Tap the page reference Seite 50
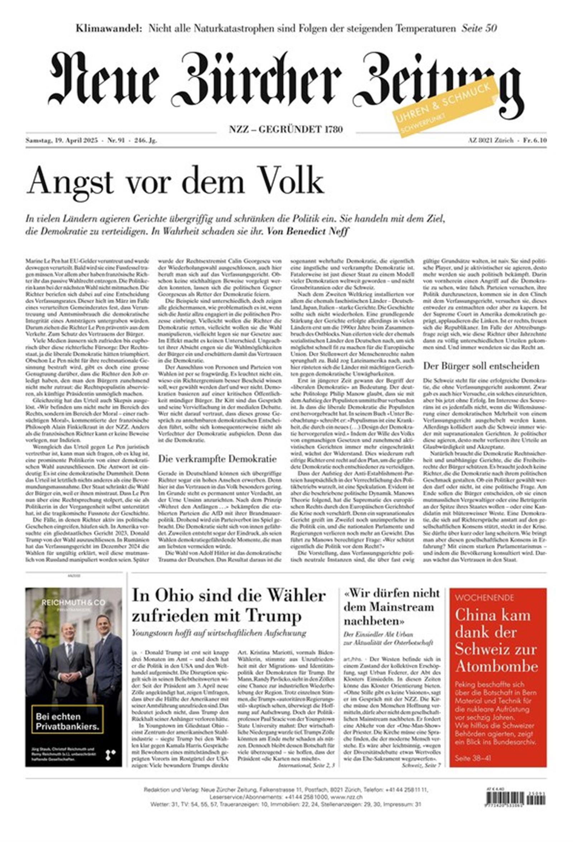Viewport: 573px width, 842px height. tap(479, 28)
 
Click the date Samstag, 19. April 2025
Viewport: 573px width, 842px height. tap(62, 141)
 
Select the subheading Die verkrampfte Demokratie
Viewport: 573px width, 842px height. tap(217, 459)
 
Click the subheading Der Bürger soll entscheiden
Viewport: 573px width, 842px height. tap(481, 366)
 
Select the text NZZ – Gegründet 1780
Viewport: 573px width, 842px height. tap(285, 129)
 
